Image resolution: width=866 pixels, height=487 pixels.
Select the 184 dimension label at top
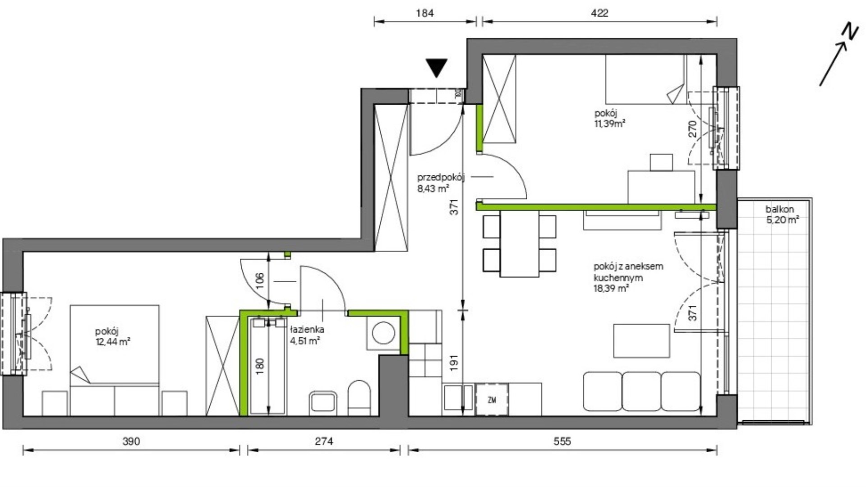(x=425, y=13)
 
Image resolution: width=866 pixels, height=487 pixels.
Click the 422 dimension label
(x=599, y=13)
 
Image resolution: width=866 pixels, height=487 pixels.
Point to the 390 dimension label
(x=131, y=441)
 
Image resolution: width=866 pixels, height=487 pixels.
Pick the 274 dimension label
(x=324, y=441)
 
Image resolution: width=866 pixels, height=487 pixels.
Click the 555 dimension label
(x=562, y=441)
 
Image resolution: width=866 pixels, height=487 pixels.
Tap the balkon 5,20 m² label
(x=782, y=215)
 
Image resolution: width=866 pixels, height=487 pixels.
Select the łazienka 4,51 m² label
(x=307, y=335)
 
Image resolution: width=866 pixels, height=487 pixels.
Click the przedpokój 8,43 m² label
(x=441, y=183)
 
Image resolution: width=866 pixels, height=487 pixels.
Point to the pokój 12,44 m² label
(x=113, y=336)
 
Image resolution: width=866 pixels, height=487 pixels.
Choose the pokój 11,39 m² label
(x=609, y=118)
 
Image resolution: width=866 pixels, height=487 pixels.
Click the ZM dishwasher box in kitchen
(x=492, y=400)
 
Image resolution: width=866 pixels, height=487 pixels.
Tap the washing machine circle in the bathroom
(x=383, y=333)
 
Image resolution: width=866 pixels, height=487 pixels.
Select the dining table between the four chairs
(x=519, y=243)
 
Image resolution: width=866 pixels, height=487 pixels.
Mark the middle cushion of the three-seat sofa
(x=641, y=391)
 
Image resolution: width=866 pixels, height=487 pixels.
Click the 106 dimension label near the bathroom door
(x=259, y=280)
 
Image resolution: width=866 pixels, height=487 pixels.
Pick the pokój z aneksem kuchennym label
(x=628, y=272)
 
